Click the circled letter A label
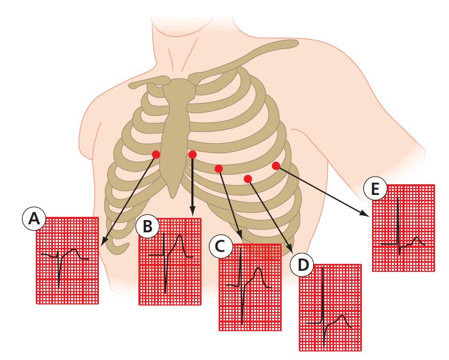click(x=34, y=219)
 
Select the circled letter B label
click(x=148, y=226)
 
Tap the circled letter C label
click(x=220, y=246)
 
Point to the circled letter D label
click(x=302, y=265)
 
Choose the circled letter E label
click(x=375, y=189)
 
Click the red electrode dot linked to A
click(x=156, y=154)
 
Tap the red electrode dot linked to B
click(x=192, y=154)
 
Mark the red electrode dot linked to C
click(x=219, y=169)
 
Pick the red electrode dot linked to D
click(x=247, y=179)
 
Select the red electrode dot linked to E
click(x=276, y=166)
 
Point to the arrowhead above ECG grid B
click(x=192, y=211)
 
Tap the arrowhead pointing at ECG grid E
click(x=363, y=213)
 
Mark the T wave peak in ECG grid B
click(x=180, y=235)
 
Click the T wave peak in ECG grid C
click(x=259, y=268)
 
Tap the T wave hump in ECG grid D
click(x=342, y=316)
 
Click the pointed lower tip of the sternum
click(x=172, y=198)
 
